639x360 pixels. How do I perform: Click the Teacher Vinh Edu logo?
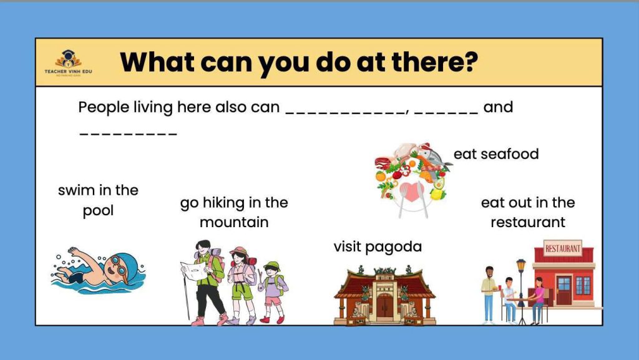point(68,63)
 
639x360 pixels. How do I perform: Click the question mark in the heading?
point(469,61)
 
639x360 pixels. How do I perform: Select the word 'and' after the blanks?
point(498,107)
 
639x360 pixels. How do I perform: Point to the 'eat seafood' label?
point(496,154)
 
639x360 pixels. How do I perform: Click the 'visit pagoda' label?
point(378,247)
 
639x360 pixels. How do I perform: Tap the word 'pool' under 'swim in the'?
point(98,211)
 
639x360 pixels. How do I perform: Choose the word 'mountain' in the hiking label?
point(234,222)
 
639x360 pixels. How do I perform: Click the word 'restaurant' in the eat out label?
point(528,222)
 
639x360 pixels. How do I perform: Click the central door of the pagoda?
point(384,306)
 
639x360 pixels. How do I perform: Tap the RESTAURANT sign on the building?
point(563,248)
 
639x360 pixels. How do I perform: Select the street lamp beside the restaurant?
point(521,291)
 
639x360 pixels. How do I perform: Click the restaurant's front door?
point(564,290)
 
